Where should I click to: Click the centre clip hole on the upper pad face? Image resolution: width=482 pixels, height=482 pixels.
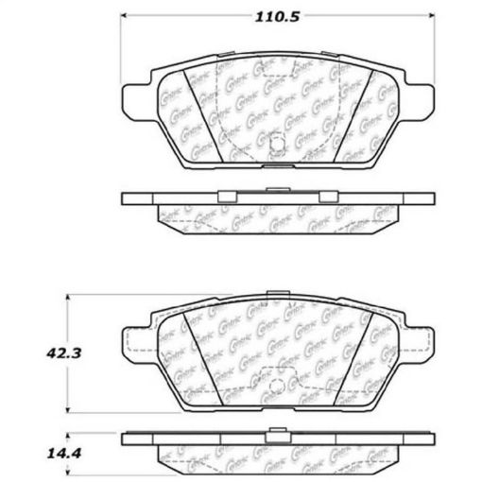tap(277, 144)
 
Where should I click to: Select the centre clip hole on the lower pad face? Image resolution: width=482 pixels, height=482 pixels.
tap(278, 387)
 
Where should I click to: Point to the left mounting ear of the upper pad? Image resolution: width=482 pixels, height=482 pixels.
tap(133, 95)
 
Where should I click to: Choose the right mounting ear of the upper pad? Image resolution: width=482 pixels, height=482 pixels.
tap(423, 95)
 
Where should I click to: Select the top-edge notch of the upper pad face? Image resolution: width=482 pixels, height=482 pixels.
tap(278, 55)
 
